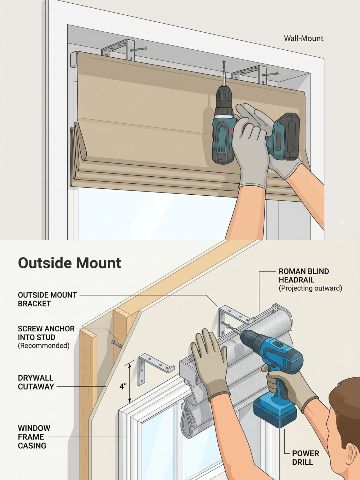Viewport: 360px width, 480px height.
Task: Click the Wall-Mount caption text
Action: coord(303,38)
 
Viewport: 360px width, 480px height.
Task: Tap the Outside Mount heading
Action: coord(69,263)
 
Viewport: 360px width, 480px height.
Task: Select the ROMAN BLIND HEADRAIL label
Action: coord(304,275)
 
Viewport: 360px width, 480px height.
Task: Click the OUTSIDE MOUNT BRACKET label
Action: coord(47,299)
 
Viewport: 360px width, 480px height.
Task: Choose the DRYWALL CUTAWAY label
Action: coord(36,382)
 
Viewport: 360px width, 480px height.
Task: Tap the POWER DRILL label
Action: coord(305,458)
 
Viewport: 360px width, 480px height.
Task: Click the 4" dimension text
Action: coord(123,387)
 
